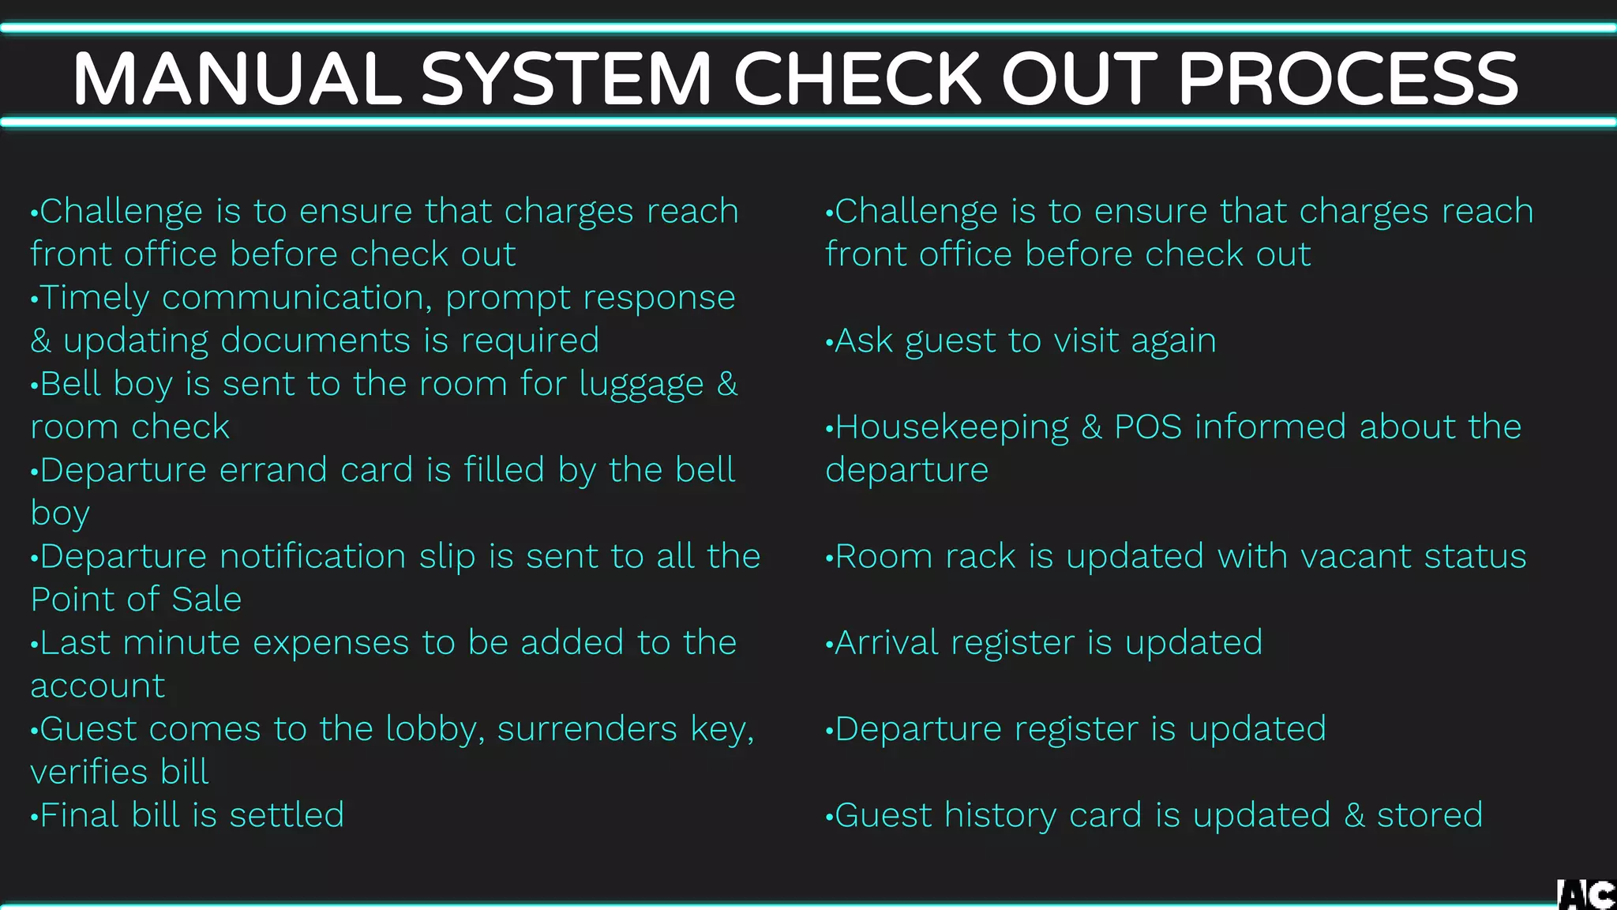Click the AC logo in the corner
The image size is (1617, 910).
tap(1586, 894)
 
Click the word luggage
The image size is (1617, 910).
tap(641, 385)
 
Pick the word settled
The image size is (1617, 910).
tap(287, 815)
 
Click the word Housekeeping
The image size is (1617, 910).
tap(951, 427)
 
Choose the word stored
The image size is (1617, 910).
tap(1430, 815)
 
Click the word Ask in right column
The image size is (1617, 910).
tap(863, 340)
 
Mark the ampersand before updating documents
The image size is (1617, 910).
tap(40, 341)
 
